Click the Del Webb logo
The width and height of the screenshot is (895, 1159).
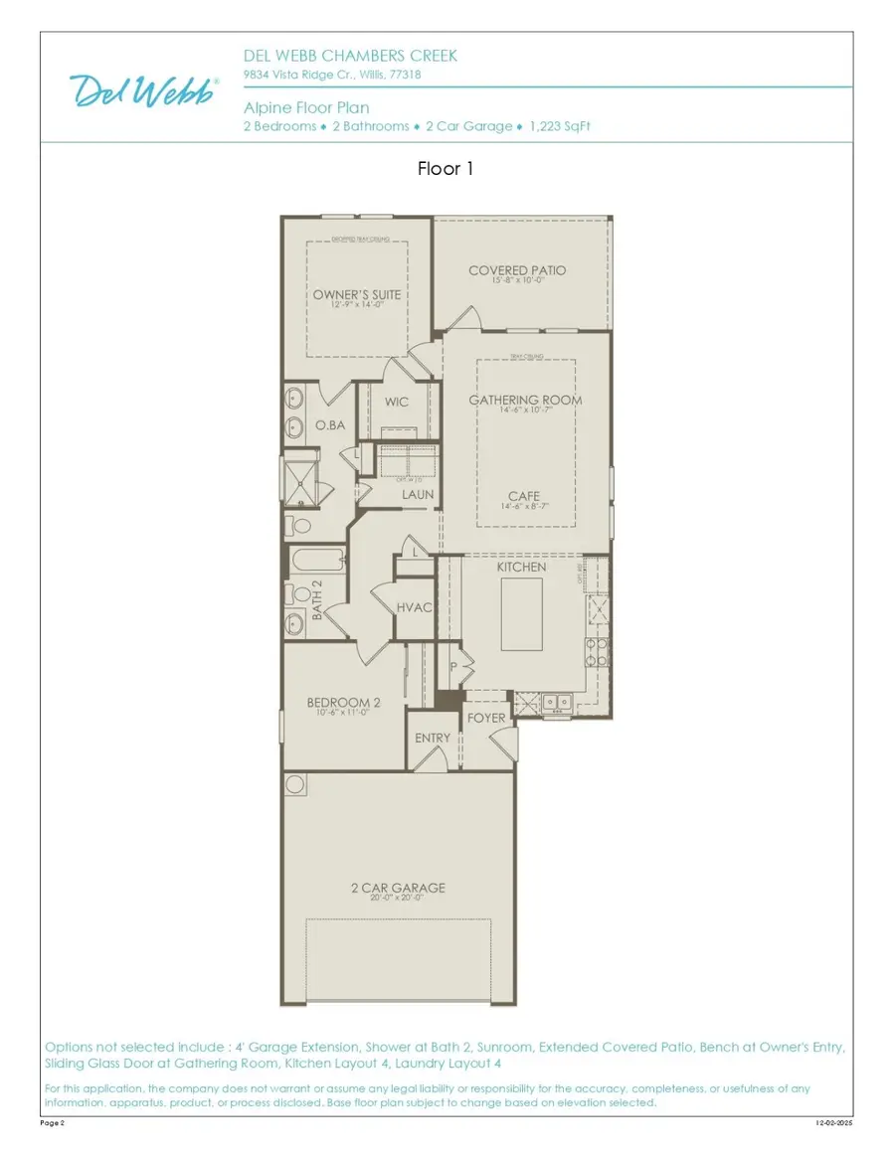coord(145,90)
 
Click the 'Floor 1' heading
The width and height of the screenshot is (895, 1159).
coord(446,169)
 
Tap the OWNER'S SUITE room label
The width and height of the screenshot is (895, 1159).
coord(357,295)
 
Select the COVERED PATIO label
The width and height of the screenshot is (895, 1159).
coord(517,270)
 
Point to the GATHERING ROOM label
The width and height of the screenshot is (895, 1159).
coord(525,401)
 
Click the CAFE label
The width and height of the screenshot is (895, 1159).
coord(525,496)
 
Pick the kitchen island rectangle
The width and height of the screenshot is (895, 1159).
coord(518,614)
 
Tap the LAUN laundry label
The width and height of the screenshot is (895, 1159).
coord(417,494)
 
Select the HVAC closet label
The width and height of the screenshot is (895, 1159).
coord(415,606)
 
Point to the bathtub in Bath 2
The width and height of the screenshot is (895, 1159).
coord(316,563)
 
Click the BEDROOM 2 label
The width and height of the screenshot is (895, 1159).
coord(343,703)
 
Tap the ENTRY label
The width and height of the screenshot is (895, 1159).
coord(433,738)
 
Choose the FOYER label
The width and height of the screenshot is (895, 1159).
coord(486,717)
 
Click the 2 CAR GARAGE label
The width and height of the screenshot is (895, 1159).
coord(398,888)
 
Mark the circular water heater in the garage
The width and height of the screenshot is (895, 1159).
coord(295,785)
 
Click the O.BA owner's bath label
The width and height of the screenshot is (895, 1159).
coord(330,425)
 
